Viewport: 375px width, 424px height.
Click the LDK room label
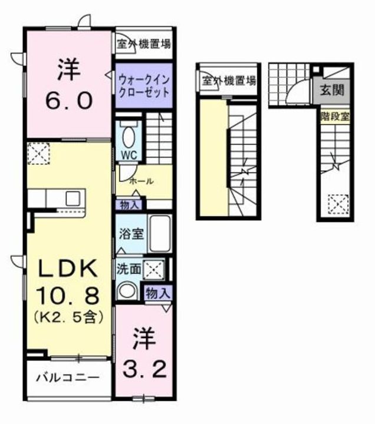(x=67, y=270)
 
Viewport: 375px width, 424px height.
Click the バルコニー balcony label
(x=66, y=377)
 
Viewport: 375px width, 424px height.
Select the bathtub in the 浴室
(x=159, y=233)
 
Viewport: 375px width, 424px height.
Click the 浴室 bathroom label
(x=130, y=233)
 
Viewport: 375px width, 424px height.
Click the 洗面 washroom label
(x=128, y=269)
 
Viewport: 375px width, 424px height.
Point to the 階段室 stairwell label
(x=334, y=117)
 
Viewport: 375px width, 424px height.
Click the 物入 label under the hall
(x=130, y=205)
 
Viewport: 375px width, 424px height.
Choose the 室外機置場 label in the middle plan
(x=228, y=82)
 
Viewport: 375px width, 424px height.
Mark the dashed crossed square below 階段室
(x=335, y=205)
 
